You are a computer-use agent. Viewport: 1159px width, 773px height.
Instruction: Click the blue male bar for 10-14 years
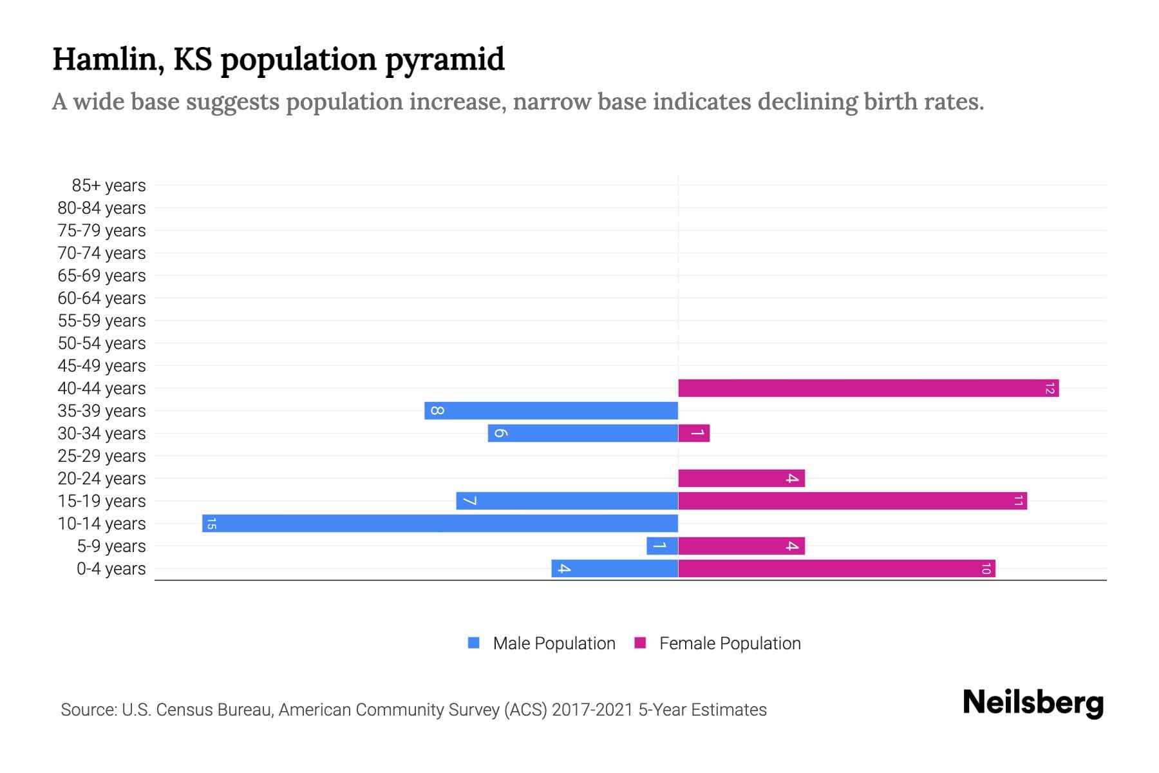440,523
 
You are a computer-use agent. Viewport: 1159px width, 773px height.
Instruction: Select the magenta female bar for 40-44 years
868,388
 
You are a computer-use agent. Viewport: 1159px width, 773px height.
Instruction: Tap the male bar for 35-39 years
551,410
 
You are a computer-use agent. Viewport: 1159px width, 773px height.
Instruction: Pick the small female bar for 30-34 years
693,433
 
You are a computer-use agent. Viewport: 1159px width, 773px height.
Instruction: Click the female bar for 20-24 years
741,478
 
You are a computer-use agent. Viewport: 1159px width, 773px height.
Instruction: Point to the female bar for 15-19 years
852,501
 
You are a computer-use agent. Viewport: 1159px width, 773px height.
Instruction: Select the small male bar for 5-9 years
662,546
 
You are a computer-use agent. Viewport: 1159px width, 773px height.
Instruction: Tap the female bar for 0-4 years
836,568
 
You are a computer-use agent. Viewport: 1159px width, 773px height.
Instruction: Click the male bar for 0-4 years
614,568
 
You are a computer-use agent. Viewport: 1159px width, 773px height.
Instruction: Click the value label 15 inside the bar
211,524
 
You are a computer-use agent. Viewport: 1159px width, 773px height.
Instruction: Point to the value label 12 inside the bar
1050,388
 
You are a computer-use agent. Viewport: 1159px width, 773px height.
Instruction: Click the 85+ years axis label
108,186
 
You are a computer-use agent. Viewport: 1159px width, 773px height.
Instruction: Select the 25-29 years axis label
102,456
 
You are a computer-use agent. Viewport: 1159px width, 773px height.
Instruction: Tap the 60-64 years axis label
102,298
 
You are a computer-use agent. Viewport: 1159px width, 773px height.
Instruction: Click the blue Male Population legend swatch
474,643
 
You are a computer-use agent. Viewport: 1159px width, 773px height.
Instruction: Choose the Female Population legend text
730,643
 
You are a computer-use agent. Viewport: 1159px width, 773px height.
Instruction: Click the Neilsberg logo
1033,703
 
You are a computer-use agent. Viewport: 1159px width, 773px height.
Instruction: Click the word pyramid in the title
445,59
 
